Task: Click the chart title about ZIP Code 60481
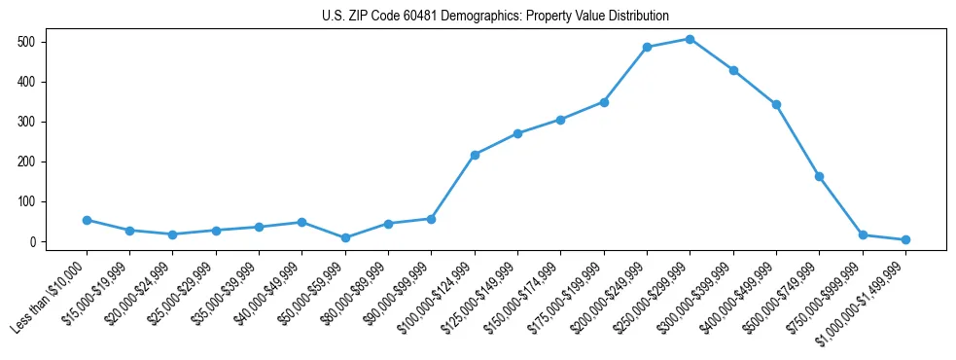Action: click(x=495, y=16)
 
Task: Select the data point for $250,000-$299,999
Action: click(x=690, y=39)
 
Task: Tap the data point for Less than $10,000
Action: click(x=87, y=220)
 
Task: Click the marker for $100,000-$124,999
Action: click(x=475, y=155)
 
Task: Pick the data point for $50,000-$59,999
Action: click(x=345, y=237)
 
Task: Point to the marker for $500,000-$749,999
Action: click(x=819, y=176)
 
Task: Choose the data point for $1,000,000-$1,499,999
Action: click(x=905, y=239)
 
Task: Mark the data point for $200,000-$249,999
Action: click(x=647, y=47)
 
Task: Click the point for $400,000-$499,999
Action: click(x=776, y=104)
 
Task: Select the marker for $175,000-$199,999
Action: click(x=604, y=101)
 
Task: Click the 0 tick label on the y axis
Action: click(x=32, y=241)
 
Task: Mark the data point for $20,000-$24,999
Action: click(x=172, y=234)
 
